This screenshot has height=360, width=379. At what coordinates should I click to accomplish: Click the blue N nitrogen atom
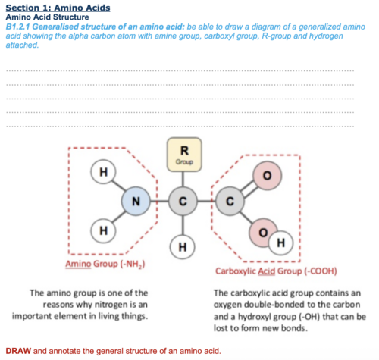[136, 201]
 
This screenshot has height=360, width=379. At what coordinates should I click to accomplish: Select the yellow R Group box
[184, 155]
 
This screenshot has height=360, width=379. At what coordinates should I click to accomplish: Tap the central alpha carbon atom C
[183, 202]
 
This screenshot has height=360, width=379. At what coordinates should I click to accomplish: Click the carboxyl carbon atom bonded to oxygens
[230, 202]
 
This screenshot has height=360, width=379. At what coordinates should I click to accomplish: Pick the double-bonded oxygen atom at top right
[268, 175]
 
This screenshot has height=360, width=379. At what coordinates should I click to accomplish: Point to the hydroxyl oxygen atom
[263, 233]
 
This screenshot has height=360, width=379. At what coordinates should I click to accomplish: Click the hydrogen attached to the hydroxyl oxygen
[280, 243]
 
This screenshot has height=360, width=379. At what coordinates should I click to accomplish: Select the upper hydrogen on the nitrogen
[103, 172]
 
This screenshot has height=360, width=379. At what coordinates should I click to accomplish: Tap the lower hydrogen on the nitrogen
[103, 230]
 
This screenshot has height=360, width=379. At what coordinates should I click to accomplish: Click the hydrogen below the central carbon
[183, 247]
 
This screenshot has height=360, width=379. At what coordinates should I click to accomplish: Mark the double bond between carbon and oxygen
[249, 189]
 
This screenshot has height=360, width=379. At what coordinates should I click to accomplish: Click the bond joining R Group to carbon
[183, 180]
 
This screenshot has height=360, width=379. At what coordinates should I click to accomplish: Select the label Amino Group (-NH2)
[105, 264]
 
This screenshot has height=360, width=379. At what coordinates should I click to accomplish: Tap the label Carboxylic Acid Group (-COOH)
[276, 271]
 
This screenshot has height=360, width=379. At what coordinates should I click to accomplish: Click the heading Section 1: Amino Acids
[58, 8]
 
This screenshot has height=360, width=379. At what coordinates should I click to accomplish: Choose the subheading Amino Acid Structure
[47, 17]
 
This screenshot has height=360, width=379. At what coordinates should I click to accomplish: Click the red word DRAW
[18, 351]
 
